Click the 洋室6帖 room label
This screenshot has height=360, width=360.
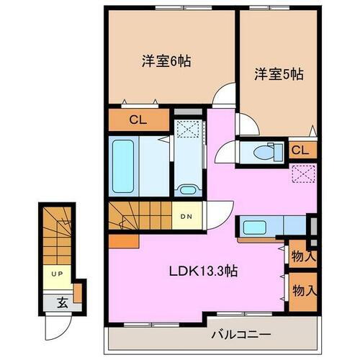pyautogui.click(x=166, y=62)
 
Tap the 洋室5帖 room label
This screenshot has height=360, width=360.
pyautogui.click(x=277, y=73)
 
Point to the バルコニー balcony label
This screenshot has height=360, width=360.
pyautogui.click(x=240, y=334)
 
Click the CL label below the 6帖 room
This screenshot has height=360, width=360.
pyautogui.click(x=138, y=120)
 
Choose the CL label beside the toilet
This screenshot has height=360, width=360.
pyautogui.click(x=301, y=150)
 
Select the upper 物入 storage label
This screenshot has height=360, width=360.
pyautogui.click(x=302, y=256)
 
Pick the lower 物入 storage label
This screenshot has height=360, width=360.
pyautogui.click(x=302, y=290)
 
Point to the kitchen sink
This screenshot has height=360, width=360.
pyautogui.click(x=253, y=228)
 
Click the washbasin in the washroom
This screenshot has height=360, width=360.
pyautogui.click(x=189, y=191)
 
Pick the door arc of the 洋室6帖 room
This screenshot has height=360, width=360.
pyautogui.click(x=228, y=95)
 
